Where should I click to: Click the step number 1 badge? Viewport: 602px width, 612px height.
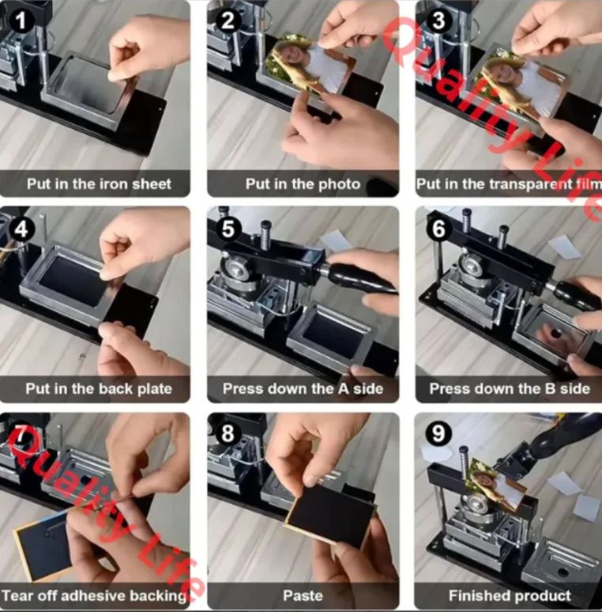pos(21,21)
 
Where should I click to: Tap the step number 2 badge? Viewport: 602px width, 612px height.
pos(228,21)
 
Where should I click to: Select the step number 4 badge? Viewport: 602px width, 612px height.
pos(21,229)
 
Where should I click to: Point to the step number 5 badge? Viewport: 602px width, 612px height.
pos(228,229)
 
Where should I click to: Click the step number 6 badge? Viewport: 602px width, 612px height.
pos(438,229)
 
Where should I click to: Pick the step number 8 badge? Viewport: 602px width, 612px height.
pos(228,433)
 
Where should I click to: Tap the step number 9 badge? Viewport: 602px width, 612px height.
pos(438,433)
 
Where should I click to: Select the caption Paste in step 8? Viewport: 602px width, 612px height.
pos(303,595)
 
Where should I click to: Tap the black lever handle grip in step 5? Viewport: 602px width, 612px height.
pos(361,277)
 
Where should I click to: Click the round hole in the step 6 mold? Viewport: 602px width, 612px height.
pos(555,334)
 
